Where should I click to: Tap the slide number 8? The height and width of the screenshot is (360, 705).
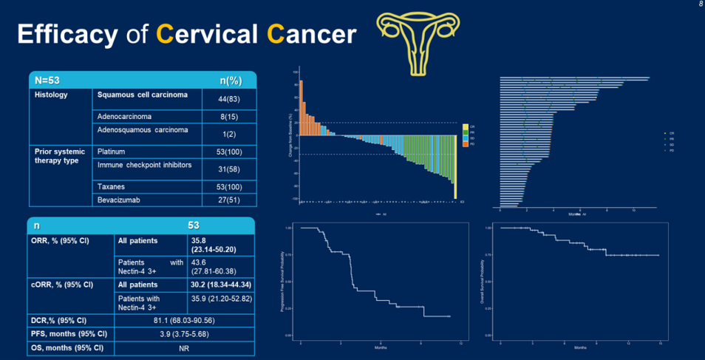pos(700,4)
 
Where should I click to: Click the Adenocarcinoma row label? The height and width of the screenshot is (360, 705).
pos(129,117)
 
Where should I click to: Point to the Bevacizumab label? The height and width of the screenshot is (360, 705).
pos(122,200)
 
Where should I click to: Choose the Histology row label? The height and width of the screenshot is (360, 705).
pos(51,95)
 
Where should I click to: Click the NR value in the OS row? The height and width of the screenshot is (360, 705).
pos(184,347)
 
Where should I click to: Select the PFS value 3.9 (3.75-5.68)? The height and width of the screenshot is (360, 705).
pos(184,333)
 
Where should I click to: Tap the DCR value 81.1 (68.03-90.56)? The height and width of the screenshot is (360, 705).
pos(184,320)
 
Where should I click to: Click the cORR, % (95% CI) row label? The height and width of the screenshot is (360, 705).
pos(62,284)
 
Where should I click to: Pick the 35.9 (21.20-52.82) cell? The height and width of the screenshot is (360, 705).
pos(219,299)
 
